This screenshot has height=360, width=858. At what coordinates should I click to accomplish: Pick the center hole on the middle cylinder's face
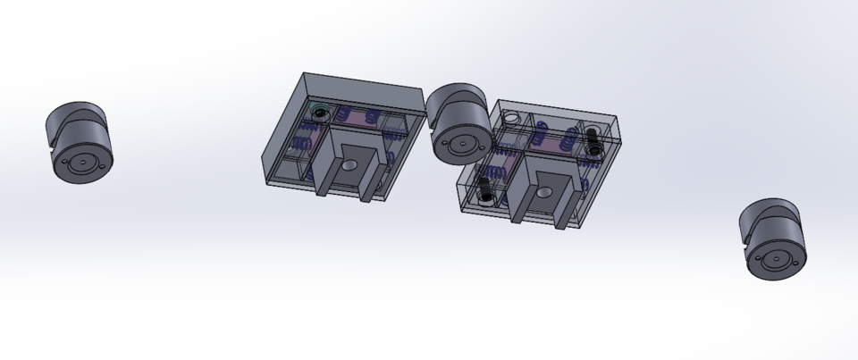point(462,145)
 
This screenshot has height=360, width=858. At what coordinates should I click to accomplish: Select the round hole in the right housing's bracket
point(543,191)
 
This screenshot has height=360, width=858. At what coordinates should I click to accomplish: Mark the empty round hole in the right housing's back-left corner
point(511,119)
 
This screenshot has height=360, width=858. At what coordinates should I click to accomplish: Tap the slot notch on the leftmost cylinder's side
point(50,134)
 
